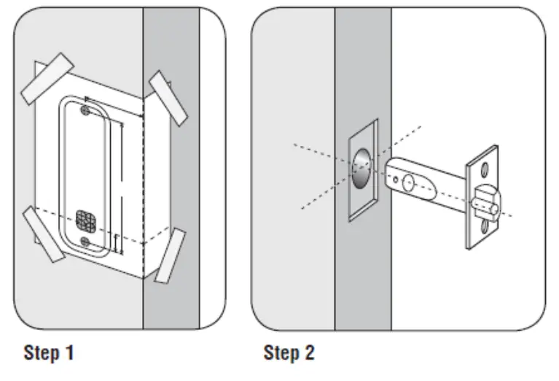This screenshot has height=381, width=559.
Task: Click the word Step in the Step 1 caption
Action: point(42,354)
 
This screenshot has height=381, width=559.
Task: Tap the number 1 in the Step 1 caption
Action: point(69,354)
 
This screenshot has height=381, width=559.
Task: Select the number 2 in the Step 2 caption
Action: point(309,354)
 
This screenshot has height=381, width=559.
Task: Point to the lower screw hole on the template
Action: point(87,240)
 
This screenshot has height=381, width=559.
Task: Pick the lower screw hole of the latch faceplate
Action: point(484,232)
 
